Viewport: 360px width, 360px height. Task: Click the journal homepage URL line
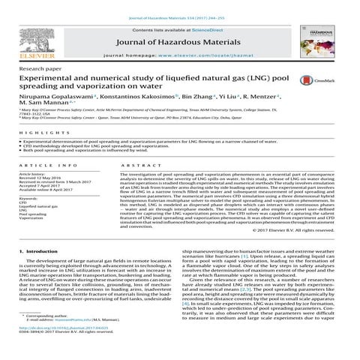pyautogui.click(x=179, y=56)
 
